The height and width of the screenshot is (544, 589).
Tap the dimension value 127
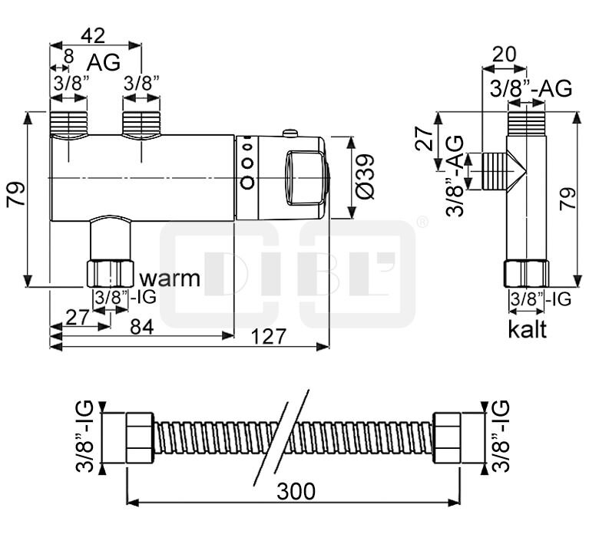pos(269,336)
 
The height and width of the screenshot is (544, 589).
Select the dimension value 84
pos(141,326)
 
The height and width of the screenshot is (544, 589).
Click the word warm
pos(170,277)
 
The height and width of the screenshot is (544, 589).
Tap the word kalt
pos(528,330)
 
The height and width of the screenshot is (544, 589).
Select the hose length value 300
pos(296,492)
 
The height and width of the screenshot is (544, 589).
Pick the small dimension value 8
pos(69,55)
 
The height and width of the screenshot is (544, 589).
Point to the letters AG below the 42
pos(104,63)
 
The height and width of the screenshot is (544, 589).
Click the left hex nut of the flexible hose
pos(140,437)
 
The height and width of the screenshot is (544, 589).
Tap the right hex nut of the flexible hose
pos(447,437)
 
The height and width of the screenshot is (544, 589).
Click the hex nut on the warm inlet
pos(111,274)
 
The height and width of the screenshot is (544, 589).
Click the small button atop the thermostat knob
pos(290,134)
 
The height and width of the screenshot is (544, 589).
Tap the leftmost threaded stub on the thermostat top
pos(69,124)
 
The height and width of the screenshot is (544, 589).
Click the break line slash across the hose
pos(282,437)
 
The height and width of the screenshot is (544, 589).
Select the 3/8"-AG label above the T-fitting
pos(531,89)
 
